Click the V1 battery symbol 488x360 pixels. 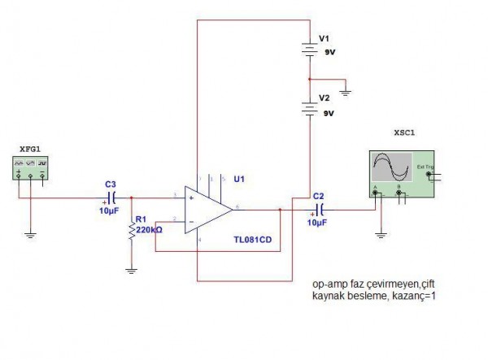tap(309, 51)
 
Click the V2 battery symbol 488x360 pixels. tap(309, 105)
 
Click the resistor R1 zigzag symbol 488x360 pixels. tap(132, 231)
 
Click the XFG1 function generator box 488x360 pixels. tap(30, 168)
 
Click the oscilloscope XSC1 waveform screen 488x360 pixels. tap(389, 168)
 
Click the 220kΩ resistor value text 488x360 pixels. tap(149, 230)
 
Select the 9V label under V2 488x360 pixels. tap(329, 114)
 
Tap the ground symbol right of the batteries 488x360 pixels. tap(346, 93)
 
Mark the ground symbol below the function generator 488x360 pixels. tap(30, 235)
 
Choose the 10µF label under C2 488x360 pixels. tap(317, 223)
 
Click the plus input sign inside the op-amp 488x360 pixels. tap(190, 197)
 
